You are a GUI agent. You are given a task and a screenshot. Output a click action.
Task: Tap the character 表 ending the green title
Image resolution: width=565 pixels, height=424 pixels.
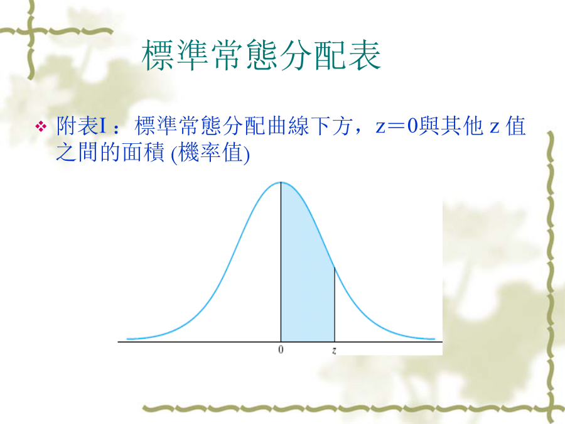pyautogui.click(x=364, y=55)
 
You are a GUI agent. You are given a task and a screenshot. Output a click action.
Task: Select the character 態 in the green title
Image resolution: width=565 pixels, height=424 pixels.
pyautogui.click(x=261, y=55)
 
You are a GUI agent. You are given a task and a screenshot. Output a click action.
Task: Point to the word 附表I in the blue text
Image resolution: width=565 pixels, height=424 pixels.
pyautogui.click(x=82, y=126)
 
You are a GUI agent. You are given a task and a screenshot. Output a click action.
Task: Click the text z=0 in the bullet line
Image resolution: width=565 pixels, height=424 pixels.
pyautogui.click(x=396, y=126)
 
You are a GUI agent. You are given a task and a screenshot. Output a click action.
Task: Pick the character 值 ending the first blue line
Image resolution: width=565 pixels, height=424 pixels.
pyautogui.click(x=515, y=126)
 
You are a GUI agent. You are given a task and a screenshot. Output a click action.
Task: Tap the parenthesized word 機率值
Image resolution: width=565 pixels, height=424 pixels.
pyautogui.click(x=210, y=153)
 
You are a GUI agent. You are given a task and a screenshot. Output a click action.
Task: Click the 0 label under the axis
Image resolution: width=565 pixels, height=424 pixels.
pyautogui.click(x=281, y=349)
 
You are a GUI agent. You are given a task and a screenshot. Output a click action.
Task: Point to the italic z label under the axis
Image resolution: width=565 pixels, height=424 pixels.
pyautogui.click(x=334, y=350)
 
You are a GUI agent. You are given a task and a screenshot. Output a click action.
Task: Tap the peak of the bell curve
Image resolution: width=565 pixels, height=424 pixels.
pyautogui.click(x=281, y=182)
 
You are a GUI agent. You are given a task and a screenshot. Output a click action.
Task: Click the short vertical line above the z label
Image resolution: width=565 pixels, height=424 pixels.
pyautogui.click(x=335, y=304)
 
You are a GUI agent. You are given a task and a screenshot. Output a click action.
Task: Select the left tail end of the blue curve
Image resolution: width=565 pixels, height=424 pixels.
pyautogui.click(x=127, y=339)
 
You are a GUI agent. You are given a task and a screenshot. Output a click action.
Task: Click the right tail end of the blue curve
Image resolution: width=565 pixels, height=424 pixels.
pyautogui.click(x=434, y=339)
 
